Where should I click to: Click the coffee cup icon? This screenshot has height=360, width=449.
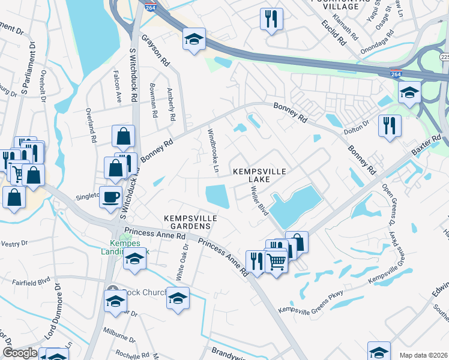tap(110, 197)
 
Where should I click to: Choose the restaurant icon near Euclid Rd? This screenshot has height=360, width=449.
tap(271, 19)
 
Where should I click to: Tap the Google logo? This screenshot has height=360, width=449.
tap(20, 353)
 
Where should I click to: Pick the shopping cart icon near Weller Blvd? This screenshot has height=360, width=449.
tap(276, 262)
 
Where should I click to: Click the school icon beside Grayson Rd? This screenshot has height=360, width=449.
tap(194, 40)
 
